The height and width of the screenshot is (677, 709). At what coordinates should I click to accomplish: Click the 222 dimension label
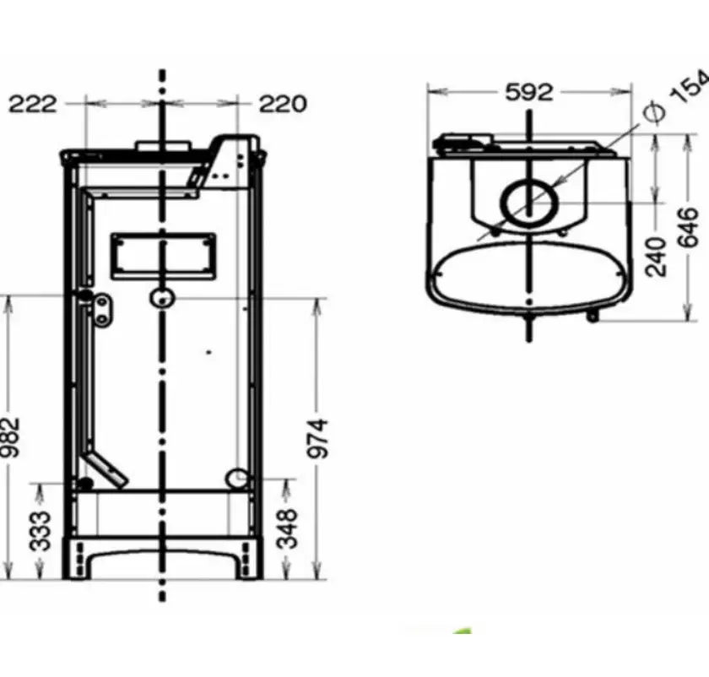pyautogui.click(x=33, y=104)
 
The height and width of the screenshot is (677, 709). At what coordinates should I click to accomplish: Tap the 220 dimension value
pyautogui.click(x=283, y=104)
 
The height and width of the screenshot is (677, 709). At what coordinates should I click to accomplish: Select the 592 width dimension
pyautogui.click(x=529, y=92)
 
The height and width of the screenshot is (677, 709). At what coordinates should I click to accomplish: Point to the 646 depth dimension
pyautogui.click(x=688, y=227)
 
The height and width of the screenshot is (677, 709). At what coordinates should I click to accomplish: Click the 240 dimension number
pyautogui.click(x=656, y=257)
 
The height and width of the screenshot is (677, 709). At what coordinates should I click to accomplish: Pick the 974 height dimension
pyautogui.click(x=317, y=438)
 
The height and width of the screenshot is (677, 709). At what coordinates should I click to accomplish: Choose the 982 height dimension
pyautogui.click(x=10, y=437)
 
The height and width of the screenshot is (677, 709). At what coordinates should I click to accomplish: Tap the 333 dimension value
pyautogui.click(x=40, y=531)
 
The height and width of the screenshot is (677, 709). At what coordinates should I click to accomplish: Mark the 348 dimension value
pyautogui.click(x=287, y=528)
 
